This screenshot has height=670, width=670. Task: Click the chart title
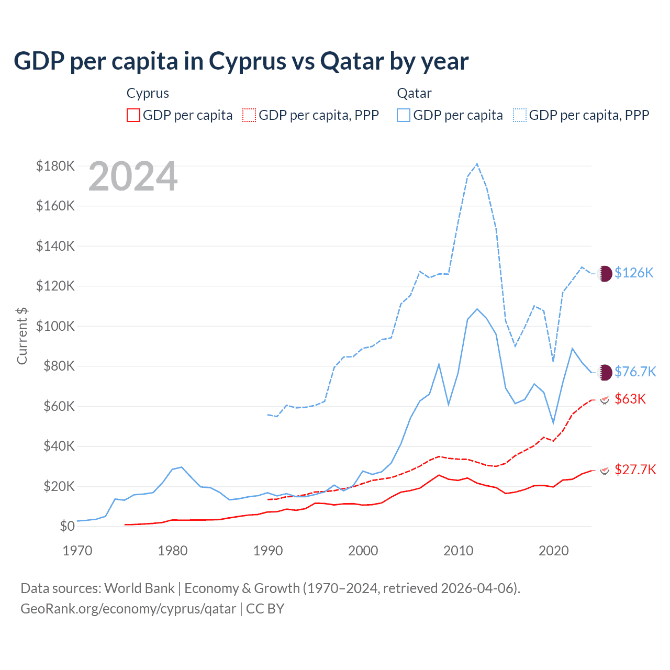coord(241,61)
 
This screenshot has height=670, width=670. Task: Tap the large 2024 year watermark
coord(133,176)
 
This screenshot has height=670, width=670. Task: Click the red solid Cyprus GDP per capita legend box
coord(133,115)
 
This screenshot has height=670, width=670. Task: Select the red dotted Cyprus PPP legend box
coord(249,115)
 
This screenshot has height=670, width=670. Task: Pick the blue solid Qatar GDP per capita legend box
coord(404,115)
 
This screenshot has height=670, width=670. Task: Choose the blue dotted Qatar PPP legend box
coord(520,115)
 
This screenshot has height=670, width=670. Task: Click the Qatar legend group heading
coord(414,93)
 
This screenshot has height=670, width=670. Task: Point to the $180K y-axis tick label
coord(55,166)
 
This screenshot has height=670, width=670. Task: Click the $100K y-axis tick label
coord(55,326)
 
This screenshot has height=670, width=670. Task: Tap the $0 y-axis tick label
coord(67,526)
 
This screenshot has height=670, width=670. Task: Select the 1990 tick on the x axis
coord(268,551)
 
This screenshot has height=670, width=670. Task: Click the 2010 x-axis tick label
coord(459,551)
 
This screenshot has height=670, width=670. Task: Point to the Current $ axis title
coord(22,336)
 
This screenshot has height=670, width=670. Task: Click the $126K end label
coord(634,273)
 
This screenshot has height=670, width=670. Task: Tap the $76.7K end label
coord(635,372)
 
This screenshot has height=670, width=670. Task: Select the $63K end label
coord(630,399)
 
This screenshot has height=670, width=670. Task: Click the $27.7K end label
coord(635,470)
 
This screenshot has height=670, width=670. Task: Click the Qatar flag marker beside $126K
coord(605,273)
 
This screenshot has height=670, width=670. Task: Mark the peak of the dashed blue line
coord(477,164)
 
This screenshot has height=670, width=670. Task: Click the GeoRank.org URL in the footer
coord(128,609)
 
